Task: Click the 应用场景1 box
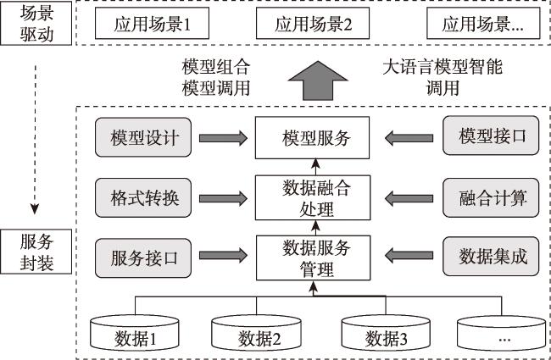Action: [x=152, y=23]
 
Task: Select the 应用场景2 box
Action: [x=313, y=23]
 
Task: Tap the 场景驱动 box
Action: [x=36, y=23]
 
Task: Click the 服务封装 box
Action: [x=36, y=252]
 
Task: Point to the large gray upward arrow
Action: [x=318, y=80]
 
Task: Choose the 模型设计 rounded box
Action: [x=143, y=137]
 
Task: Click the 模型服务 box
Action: [x=312, y=138]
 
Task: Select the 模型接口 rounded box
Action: [x=491, y=136]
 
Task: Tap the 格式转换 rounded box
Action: [x=143, y=197]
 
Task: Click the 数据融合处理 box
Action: [x=313, y=197]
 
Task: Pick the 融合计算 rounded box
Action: [x=491, y=197]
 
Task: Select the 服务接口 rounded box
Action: [x=143, y=258]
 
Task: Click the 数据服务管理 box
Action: [x=313, y=258]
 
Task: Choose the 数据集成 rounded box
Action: [x=491, y=257]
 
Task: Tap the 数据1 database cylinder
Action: [x=135, y=332]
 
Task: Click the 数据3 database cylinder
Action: [x=386, y=332]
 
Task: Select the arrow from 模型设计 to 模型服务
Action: [x=223, y=138]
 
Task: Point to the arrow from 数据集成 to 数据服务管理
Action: [x=409, y=255]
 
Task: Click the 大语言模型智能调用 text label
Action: [x=442, y=77]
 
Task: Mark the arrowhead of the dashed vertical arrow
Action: [x=35, y=209]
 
